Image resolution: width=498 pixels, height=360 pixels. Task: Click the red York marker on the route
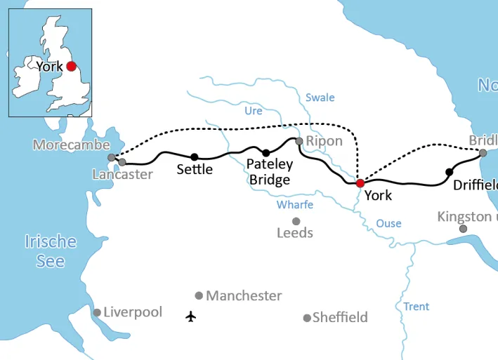[x=360, y=183]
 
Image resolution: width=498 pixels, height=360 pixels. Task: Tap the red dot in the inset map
[x=70, y=67]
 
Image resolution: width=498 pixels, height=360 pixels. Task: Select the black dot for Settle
[x=195, y=156]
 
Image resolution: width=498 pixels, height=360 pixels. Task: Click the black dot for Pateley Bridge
[x=266, y=153]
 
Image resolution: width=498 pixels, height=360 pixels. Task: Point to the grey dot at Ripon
[x=299, y=141]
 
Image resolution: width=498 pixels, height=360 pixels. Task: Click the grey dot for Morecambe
[x=111, y=157]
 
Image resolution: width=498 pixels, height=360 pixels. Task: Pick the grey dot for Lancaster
[x=122, y=162]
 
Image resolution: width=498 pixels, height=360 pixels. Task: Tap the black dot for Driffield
[x=450, y=172]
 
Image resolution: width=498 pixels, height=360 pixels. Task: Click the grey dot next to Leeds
[x=296, y=221]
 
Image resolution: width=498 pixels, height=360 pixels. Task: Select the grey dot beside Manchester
[x=199, y=295]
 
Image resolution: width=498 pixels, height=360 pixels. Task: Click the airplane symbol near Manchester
[x=190, y=316]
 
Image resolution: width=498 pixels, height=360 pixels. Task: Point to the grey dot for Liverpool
[x=97, y=312]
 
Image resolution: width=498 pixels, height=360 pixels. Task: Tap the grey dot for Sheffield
[x=306, y=318]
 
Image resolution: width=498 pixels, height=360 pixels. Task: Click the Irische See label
[x=51, y=251]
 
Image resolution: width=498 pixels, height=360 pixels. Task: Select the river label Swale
[x=320, y=98]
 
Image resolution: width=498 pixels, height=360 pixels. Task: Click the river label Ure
[x=254, y=111]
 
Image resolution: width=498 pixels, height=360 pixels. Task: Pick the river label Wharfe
[x=295, y=205]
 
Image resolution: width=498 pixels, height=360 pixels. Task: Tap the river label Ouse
[x=388, y=223]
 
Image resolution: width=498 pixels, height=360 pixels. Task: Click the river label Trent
[x=416, y=307]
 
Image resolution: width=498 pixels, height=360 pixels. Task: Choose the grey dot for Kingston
[x=463, y=229]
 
